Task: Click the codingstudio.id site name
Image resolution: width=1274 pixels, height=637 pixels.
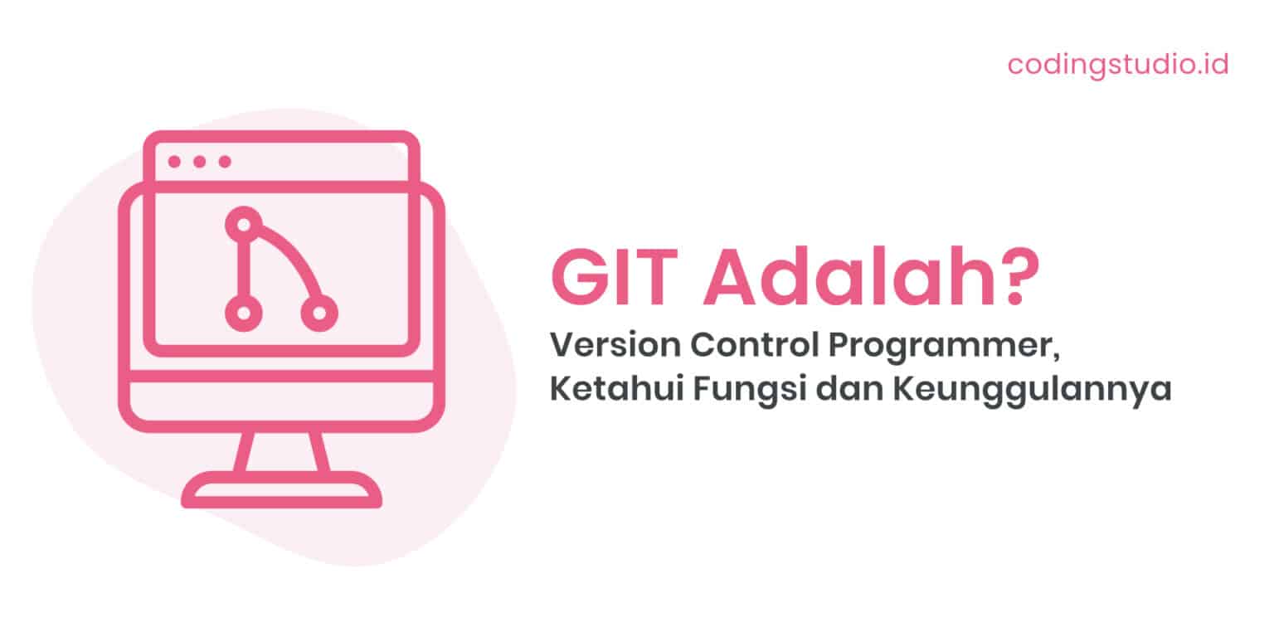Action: pos(1117,64)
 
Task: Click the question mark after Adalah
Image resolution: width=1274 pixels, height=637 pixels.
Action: pos(1016,280)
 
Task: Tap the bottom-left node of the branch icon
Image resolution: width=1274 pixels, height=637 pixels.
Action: pos(243,313)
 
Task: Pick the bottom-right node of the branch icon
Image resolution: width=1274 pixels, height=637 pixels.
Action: pos(318,313)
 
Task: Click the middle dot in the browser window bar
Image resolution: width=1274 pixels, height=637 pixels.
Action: pos(199,162)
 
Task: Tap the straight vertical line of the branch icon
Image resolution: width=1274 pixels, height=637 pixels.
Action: pos(243,268)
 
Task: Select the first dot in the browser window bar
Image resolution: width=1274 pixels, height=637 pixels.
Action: pos(174,162)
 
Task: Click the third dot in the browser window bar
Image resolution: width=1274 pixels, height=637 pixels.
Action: pos(224,162)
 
